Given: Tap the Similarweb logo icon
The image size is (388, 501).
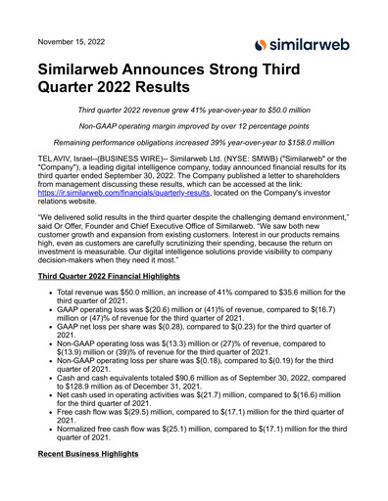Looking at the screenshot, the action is [259, 44].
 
